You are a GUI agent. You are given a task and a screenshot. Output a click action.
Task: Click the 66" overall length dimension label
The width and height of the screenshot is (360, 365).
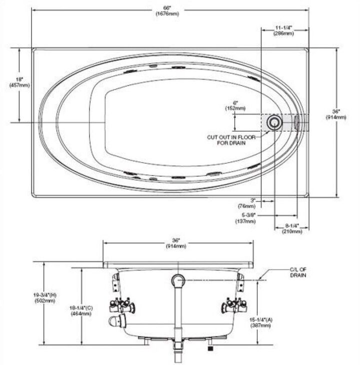(x=167, y=8)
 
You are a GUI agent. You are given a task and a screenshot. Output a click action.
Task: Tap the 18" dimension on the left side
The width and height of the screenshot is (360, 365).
(x=19, y=79)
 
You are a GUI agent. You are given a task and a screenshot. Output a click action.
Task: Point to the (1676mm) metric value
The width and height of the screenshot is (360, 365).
(x=167, y=14)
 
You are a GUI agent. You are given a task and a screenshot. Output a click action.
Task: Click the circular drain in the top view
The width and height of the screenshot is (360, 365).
(x=273, y=122)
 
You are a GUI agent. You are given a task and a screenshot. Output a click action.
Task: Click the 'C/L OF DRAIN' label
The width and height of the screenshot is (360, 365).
(x=297, y=272)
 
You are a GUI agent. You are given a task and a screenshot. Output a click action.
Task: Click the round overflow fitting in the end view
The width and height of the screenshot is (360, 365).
(x=177, y=280)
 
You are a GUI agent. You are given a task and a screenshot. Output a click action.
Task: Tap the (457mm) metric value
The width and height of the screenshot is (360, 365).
(x=19, y=85)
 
